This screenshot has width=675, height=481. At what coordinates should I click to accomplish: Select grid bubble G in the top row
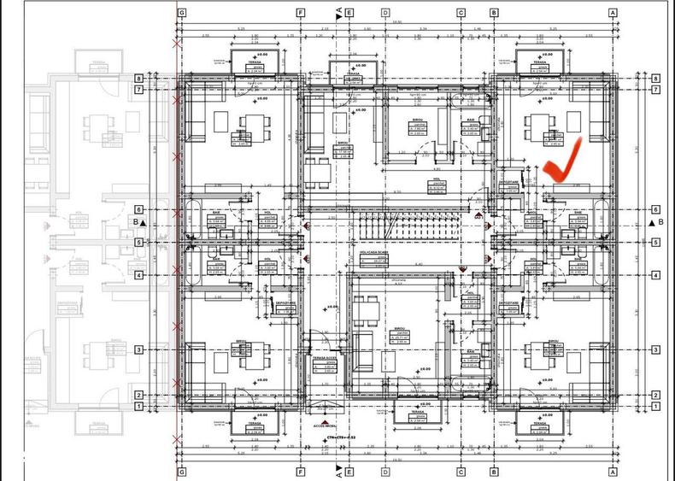pyautogui.click(x=181, y=13)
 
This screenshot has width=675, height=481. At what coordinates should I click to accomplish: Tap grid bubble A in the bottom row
pyautogui.click(x=613, y=471)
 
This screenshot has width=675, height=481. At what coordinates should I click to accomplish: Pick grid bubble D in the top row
pyautogui.click(x=386, y=13)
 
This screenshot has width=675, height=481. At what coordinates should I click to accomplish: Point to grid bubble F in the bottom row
pyautogui.click(x=301, y=471)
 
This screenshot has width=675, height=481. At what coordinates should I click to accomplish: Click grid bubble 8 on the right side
pyautogui.click(x=655, y=79)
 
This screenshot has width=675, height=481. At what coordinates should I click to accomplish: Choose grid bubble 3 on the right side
pyautogui.click(x=655, y=350)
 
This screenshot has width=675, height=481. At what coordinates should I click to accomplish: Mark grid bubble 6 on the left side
pyautogui.click(x=138, y=209)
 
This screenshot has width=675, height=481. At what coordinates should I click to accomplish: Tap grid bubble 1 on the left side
pyautogui.click(x=138, y=407)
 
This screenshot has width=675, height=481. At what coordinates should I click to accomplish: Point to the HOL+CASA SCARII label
pyautogui.click(x=373, y=253)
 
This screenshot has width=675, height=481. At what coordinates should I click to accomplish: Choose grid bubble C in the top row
pyautogui.click(x=461, y=13)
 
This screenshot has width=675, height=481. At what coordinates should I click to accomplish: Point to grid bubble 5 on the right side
pyautogui.click(x=655, y=243)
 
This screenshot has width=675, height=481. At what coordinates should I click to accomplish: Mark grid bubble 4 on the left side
pyautogui.click(x=138, y=275)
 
